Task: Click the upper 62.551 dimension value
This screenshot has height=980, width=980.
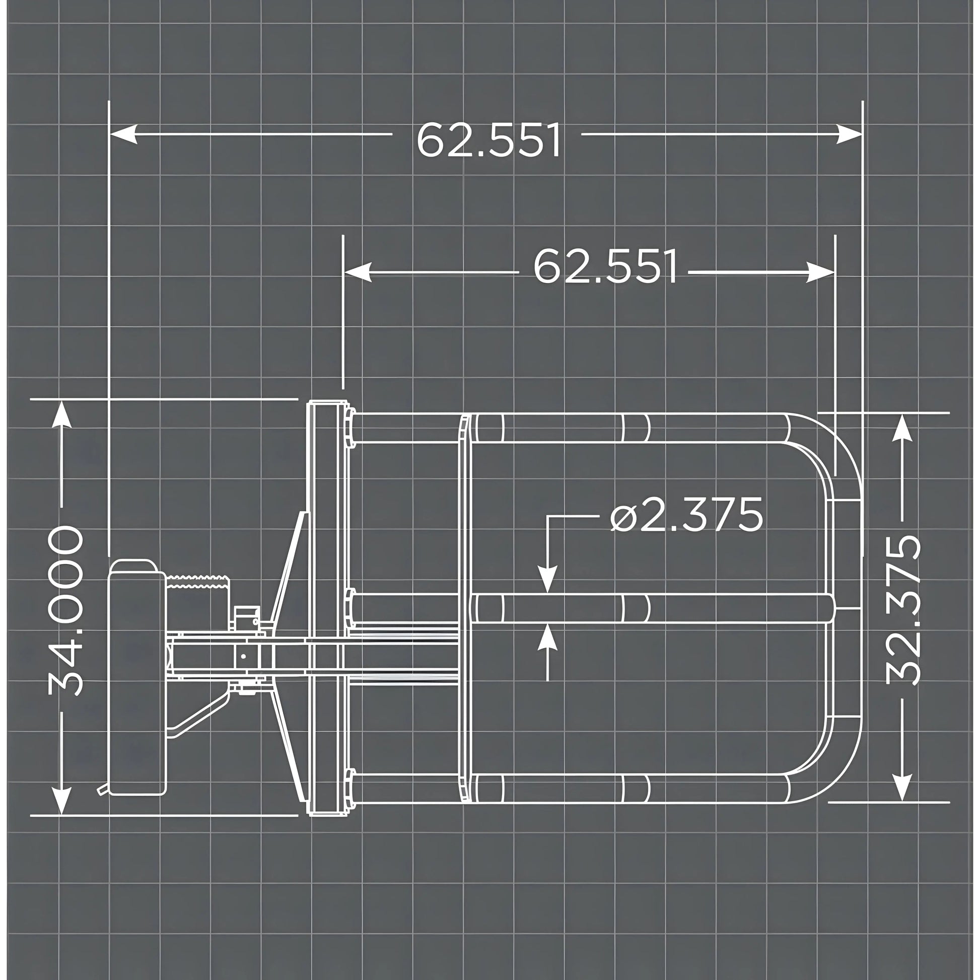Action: point(488,139)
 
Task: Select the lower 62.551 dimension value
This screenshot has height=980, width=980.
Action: point(605,266)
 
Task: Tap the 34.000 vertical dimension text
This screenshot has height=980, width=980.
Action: point(65,611)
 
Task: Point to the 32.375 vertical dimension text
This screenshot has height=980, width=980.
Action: point(903,611)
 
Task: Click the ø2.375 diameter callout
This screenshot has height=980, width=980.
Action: point(686,514)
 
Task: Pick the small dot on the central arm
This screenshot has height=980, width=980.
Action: point(243,656)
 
